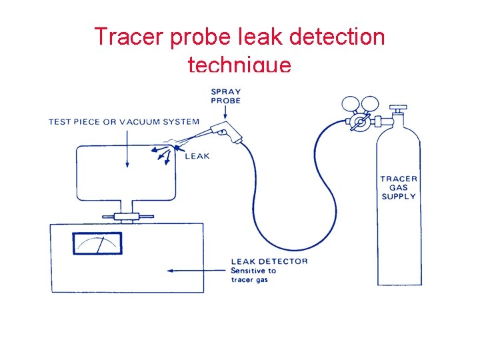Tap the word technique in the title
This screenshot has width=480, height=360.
[239, 65]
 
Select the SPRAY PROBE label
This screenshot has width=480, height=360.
[226, 96]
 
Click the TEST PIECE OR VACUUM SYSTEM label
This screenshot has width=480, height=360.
[124, 121]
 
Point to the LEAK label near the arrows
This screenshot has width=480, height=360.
[197, 156]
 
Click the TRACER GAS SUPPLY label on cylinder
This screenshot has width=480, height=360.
[399, 187]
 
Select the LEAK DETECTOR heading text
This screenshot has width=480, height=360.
[269, 261]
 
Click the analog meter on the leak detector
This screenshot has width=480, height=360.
[97, 243]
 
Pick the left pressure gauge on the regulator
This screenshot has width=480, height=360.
[349, 104]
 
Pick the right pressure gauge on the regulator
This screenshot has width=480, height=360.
[370, 104]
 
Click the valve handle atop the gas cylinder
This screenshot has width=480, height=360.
[398, 107]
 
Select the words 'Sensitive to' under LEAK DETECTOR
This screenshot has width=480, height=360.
[253, 271]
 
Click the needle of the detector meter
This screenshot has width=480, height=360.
[100, 245]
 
